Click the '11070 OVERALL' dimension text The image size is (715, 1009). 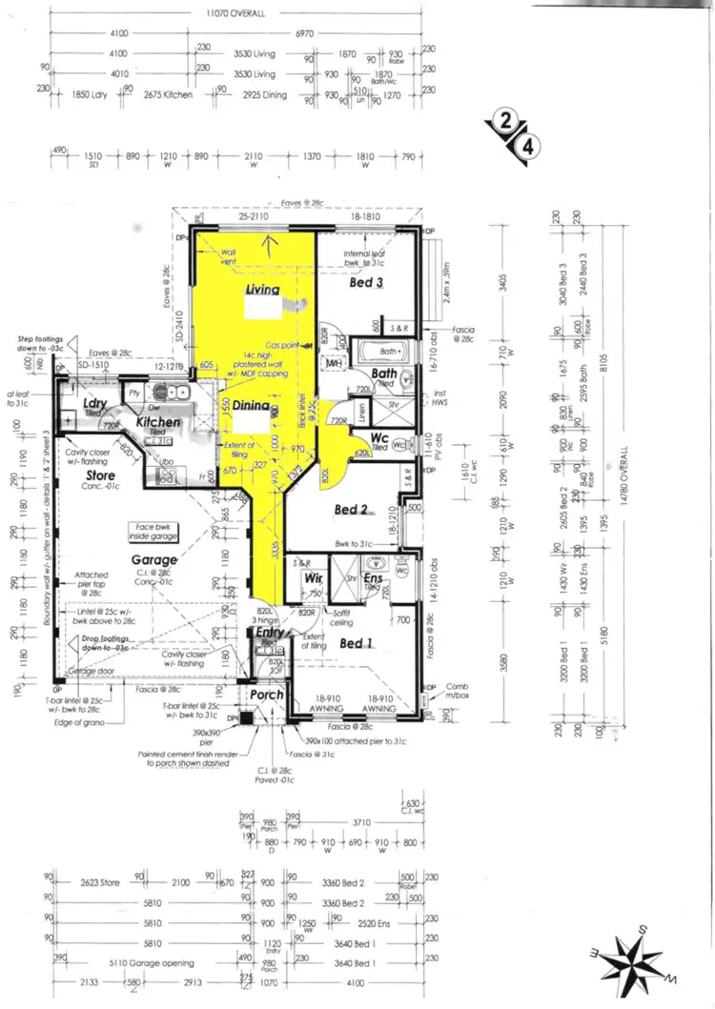pos(233,14)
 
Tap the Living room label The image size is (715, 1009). pos(262,290)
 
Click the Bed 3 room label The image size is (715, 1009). pos(366,283)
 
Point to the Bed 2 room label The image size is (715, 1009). pos(351,509)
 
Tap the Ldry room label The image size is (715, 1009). pos(93,404)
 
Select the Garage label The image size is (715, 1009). pos(154,560)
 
